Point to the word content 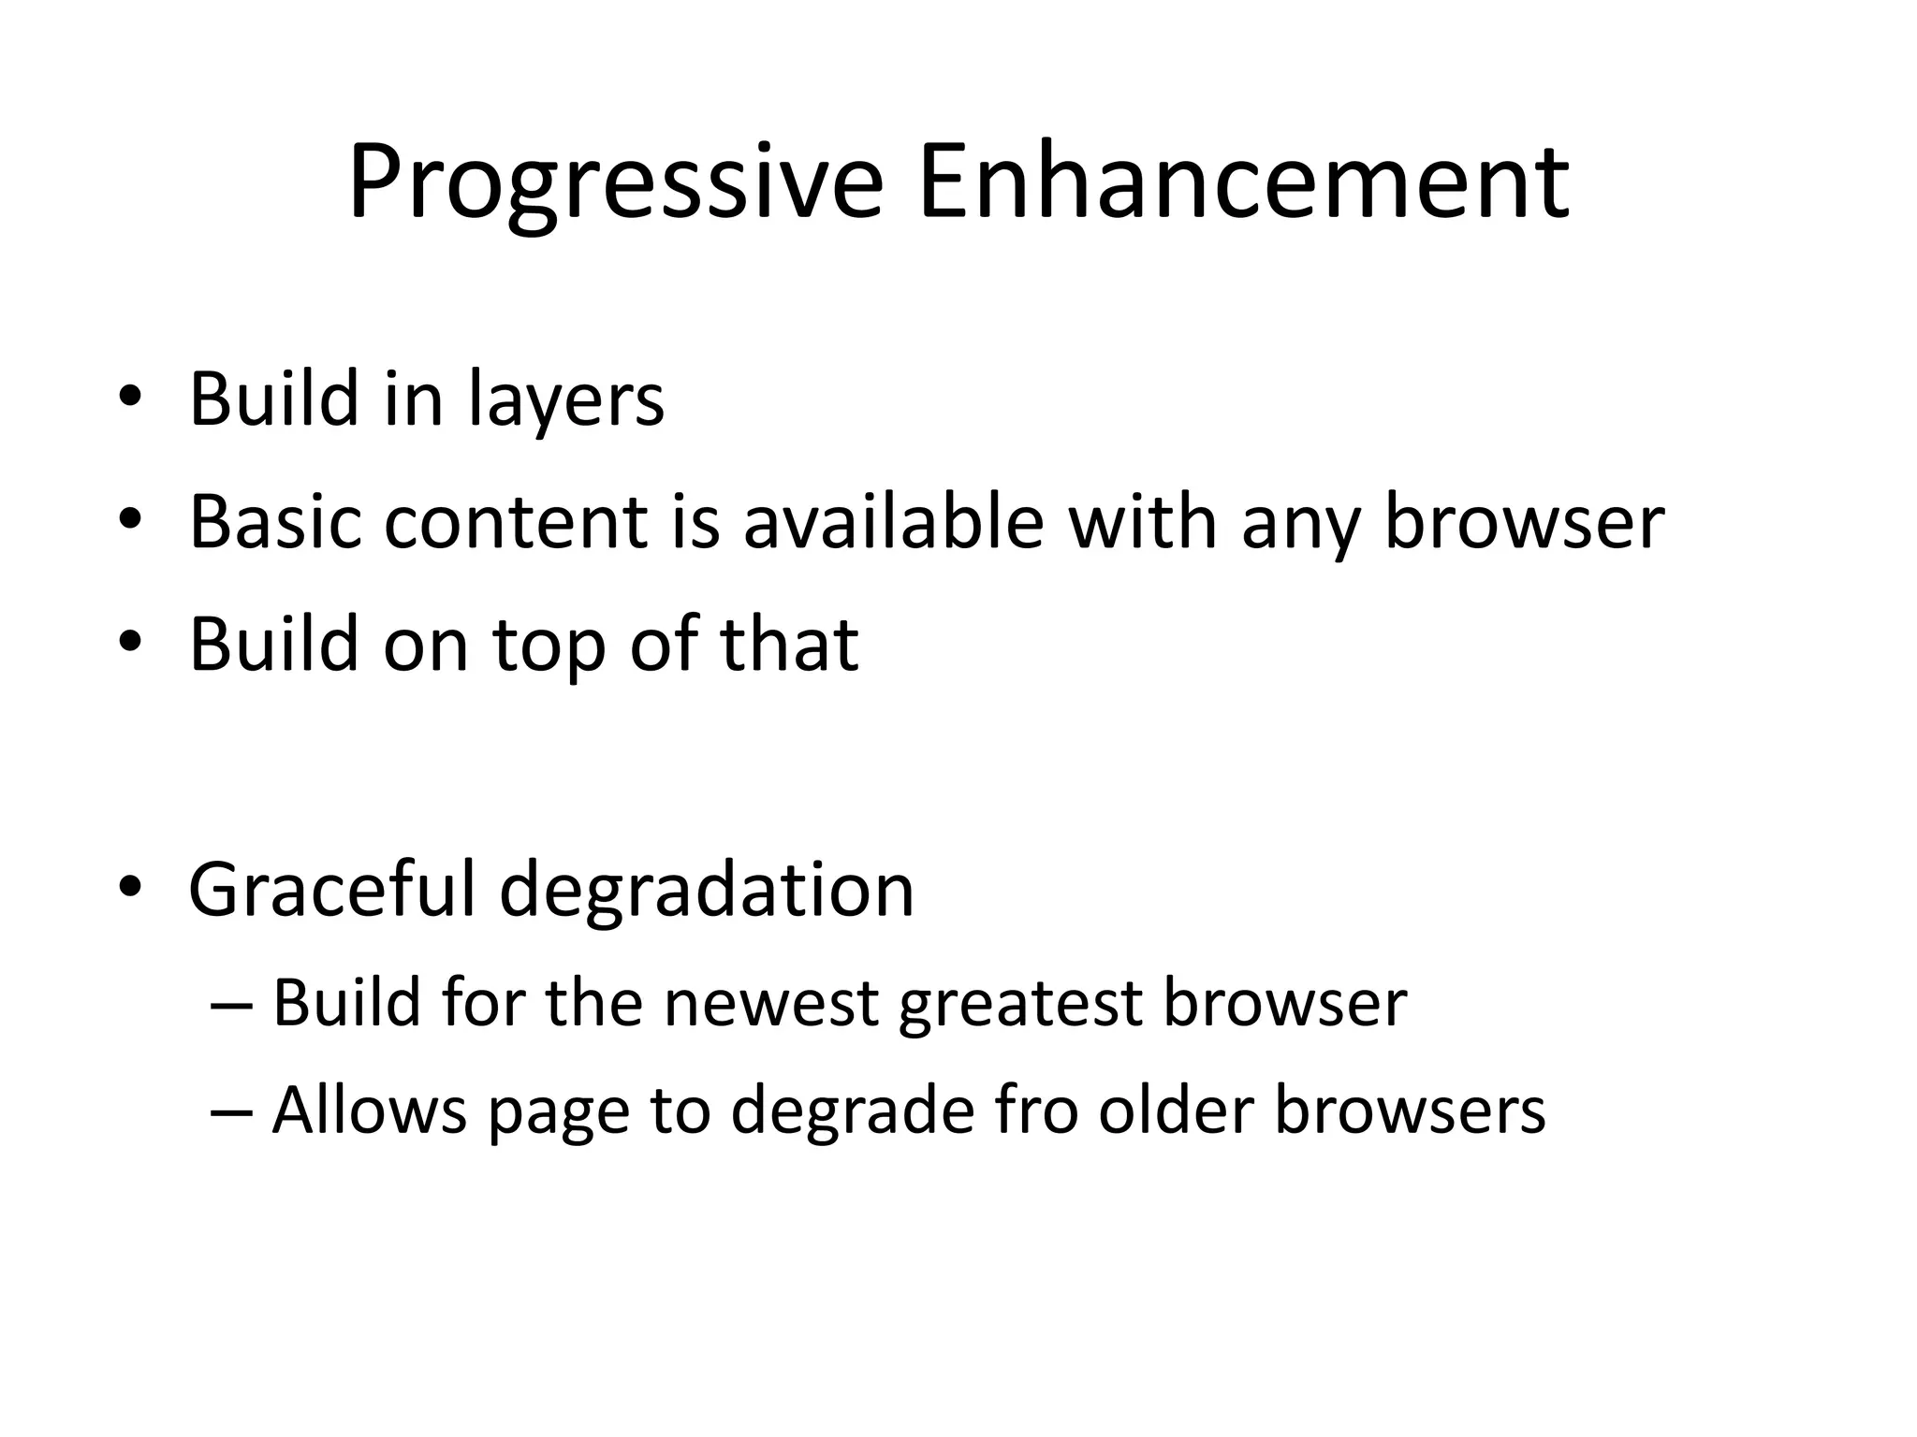point(516,522)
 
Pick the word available point(893,522)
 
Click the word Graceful point(332,889)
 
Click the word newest point(770,1004)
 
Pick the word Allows point(369,1110)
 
